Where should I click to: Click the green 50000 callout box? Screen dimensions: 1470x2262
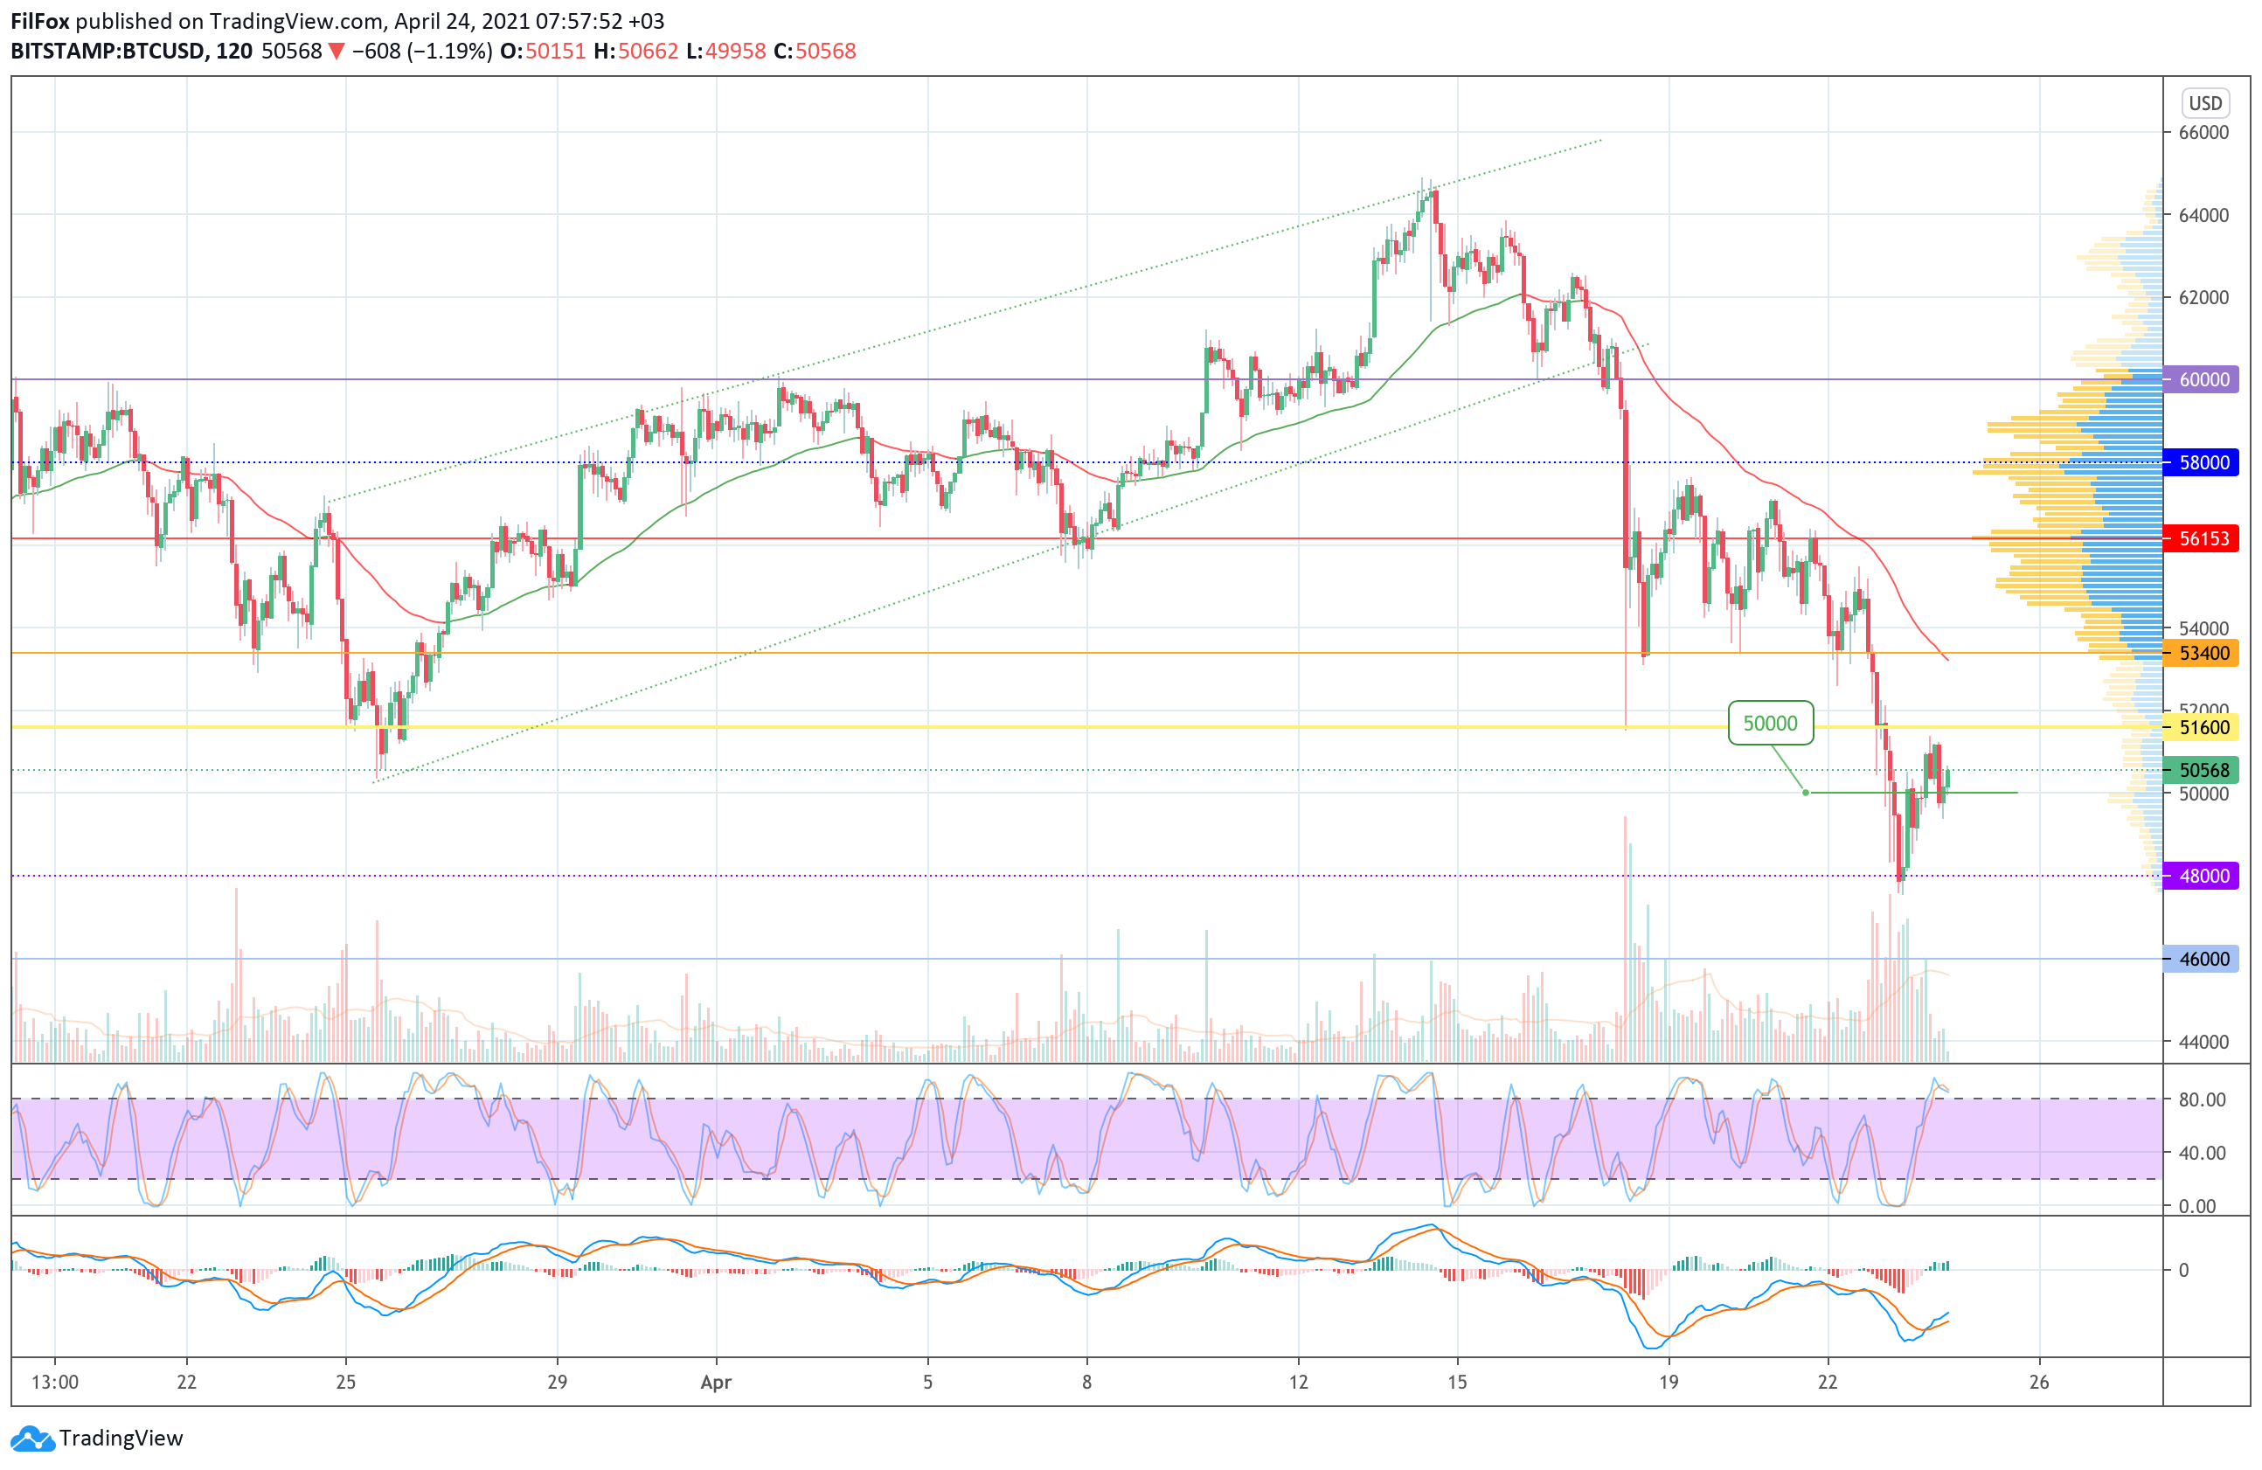click(1770, 723)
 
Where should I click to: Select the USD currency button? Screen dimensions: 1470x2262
click(2205, 102)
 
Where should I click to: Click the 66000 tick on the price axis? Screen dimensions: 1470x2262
click(2203, 132)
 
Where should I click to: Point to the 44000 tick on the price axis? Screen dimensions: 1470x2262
click(2203, 1042)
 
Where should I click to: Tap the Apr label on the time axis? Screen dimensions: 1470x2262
click(716, 1382)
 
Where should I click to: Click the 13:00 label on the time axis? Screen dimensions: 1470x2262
click(54, 1382)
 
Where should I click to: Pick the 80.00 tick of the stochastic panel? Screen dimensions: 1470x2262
click(2202, 1099)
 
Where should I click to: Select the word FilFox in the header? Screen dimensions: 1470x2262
click(39, 21)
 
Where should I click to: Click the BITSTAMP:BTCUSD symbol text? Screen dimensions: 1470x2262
click(108, 52)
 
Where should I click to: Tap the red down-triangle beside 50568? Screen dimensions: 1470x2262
click(337, 52)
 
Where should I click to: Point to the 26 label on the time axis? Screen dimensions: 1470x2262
click(2038, 1382)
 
